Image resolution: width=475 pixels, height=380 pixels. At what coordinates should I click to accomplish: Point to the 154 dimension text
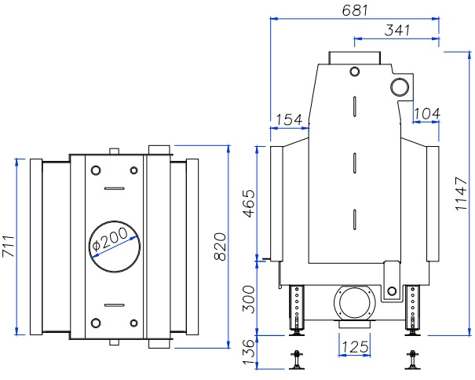coord(289,119)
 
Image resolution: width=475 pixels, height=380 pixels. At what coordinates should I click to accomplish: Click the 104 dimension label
coord(426,113)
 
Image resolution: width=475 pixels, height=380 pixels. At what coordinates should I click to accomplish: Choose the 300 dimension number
coord(247,298)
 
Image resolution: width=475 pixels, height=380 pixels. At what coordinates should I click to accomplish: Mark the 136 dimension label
coord(247,351)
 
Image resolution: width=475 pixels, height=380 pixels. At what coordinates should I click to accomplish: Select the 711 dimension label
coord(7,247)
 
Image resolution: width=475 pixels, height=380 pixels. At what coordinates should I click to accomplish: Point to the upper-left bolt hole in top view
coord(96,171)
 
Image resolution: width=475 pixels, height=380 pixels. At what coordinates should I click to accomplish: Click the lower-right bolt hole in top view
coord(134,322)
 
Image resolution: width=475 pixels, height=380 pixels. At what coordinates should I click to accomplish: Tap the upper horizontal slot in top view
coord(114,188)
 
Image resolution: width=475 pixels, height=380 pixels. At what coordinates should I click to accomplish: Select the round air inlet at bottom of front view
coord(354,302)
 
